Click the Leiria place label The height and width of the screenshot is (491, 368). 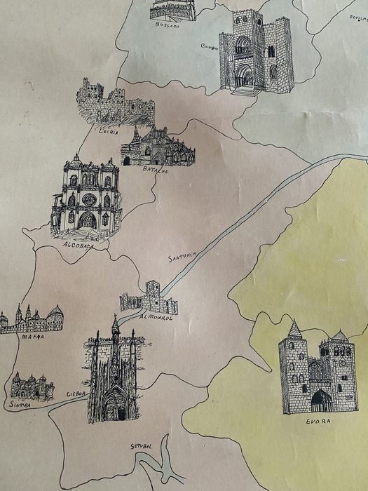[109, 130]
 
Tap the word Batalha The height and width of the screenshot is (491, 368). [155, 170]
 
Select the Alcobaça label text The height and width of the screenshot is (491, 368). [78, 245]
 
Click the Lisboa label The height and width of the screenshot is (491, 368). [76, 394]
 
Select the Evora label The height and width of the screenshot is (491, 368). [318, 421]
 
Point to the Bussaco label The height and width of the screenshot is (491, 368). [167, 25]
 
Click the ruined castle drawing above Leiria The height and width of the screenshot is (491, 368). [115, 103]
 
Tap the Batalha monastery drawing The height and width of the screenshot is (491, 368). [158, 147]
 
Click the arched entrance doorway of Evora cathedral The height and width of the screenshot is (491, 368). [321, 401]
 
